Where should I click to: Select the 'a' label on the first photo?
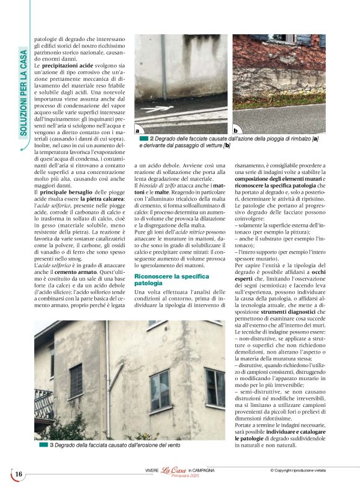[x=138, y=130]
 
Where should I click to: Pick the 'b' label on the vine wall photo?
[x=236, y=130]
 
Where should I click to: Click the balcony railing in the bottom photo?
[x=43, y=403]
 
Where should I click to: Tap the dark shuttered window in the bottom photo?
[x=76, y=380]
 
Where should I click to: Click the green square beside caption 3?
[x=43, y=445]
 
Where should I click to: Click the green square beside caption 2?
[x=144, y=138]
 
